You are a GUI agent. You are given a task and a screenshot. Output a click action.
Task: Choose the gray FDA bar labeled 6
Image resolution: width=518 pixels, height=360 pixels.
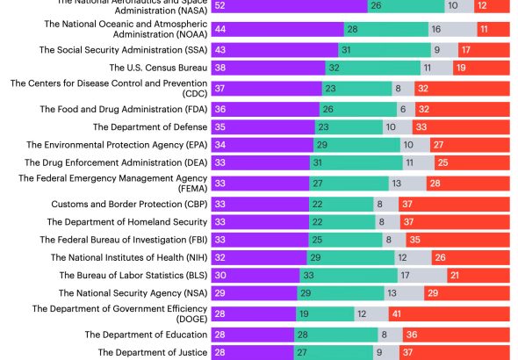[x=401, y=109]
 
